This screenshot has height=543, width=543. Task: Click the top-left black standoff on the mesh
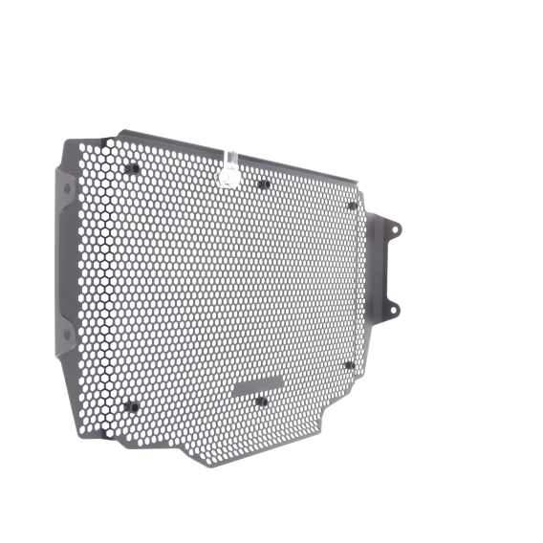pos(132,169)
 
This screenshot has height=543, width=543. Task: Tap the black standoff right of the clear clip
pos(262,184)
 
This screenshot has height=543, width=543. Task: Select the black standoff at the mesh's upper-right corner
pos(352,205)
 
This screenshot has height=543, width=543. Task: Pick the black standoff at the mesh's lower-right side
pos(350,364)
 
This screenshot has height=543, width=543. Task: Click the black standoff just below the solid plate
pos(261,401)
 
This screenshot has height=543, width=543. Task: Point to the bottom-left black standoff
pos(132,406)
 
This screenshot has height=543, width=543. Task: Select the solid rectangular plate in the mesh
pos(258,385)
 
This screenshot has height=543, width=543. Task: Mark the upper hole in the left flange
pos(67,188)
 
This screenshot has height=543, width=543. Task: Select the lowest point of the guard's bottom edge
pos(206,465)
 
